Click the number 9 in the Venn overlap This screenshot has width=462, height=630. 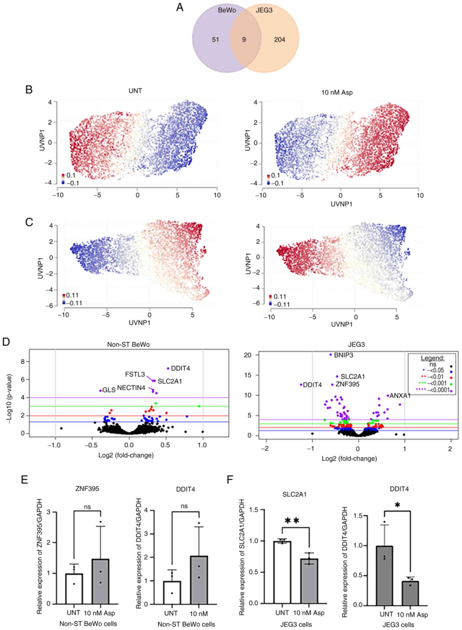pyautogui.click(x=244, y=40)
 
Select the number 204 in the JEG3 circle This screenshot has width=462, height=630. pyautogui.click(x=279, y=40)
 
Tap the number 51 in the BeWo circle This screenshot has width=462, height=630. pyautogui.click(x=215, y=40)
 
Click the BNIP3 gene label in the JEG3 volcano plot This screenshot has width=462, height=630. pyautogui.click(x=343, y=355)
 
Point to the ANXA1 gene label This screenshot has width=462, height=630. pyautogui.click(x=400, y=396)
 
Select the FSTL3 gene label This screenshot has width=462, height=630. pyautogui.click(x=135, y=374)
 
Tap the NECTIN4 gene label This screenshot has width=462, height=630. pyautogui.click(x=131, y=388)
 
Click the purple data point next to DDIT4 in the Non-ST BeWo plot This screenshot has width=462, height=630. pyautogui.click(x=168, y=368)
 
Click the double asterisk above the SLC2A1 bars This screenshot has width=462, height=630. pyautogui.click(x=292, y=521)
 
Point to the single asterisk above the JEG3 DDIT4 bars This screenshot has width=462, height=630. pyautogui.click(x=397, y=505)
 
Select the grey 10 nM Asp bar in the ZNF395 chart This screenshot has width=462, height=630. pyautogui.click(x=100, y=581)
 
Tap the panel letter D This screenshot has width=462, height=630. pyautogui.click(x=6, y=342)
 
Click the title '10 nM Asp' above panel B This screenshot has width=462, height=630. pyautogui.click(x=337, y=92)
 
